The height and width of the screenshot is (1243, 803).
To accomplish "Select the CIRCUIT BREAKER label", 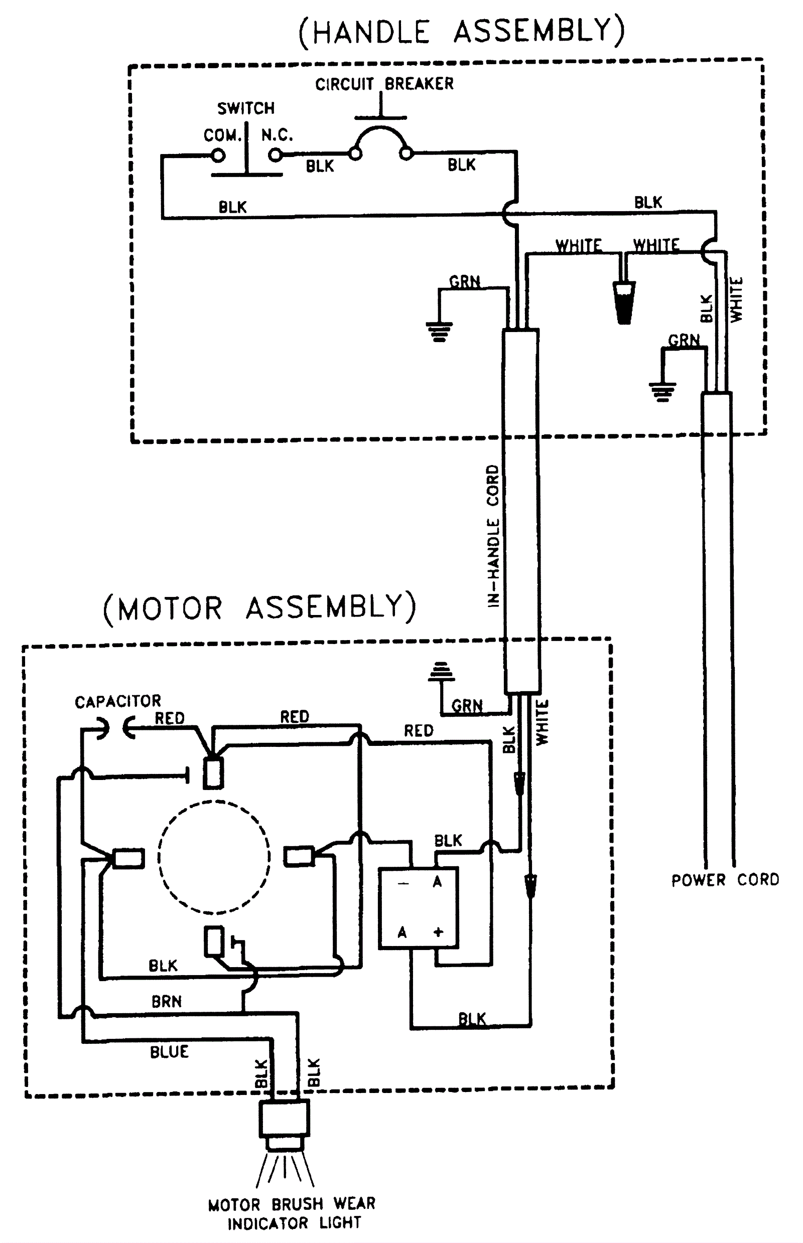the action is [x=384, y=84].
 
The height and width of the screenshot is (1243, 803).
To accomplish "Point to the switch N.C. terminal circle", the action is [x=276, y=155].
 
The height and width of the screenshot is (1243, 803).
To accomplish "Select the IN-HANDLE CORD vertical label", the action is [x=493, y=536].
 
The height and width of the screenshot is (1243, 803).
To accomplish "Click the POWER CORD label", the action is [x=725, y=880].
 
